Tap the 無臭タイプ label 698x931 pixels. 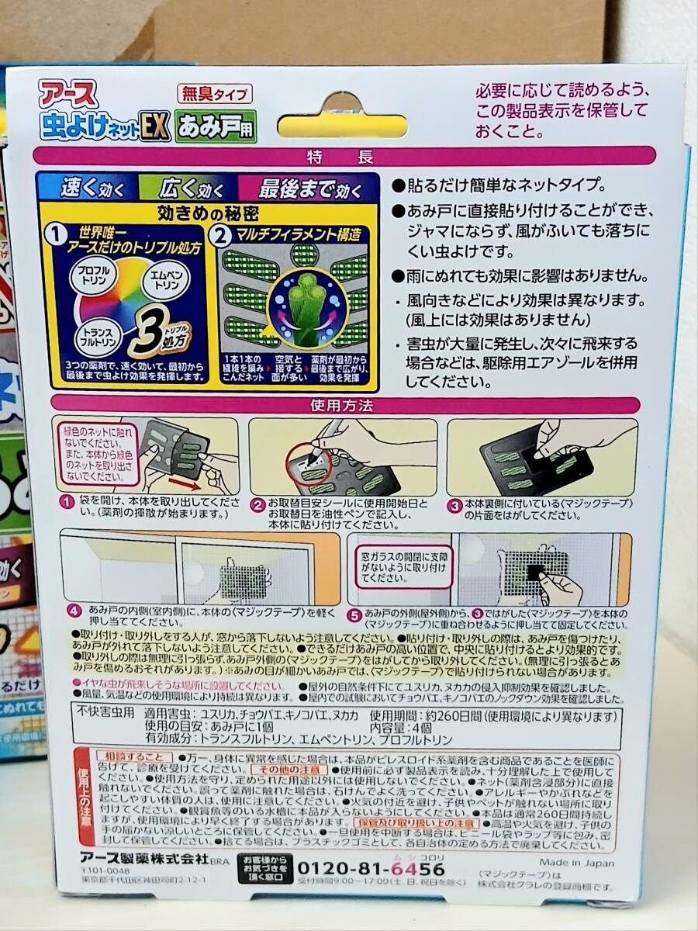pyautogui.click(x=215, y=95)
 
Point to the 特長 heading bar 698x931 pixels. pyautogui.click(x=344, y=156)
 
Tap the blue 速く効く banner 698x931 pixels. pyautogui.click(x=87, y=189)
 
